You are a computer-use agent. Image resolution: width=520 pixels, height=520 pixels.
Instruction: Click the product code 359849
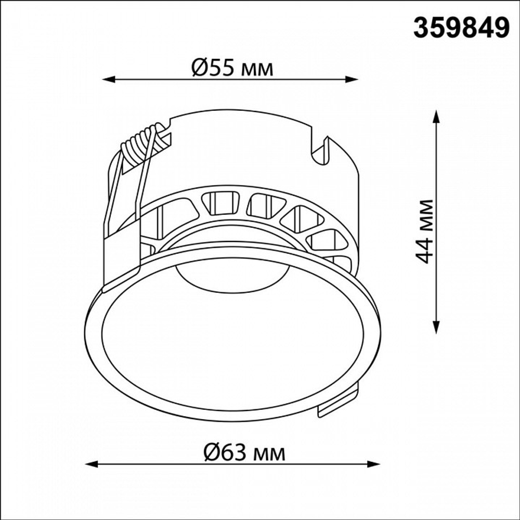(461, 28)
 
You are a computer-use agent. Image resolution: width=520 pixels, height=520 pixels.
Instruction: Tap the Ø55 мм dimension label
(232, 68)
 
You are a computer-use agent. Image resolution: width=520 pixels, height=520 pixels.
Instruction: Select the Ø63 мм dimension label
(244, 452)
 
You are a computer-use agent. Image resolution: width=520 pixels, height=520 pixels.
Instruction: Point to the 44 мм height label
(424, 231)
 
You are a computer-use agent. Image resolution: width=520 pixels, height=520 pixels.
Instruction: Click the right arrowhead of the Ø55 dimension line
(352, 79)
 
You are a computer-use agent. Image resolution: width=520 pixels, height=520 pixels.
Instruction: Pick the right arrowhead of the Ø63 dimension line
(373, 464)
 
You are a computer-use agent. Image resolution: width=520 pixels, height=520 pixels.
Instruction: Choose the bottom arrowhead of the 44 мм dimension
(436, 327)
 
